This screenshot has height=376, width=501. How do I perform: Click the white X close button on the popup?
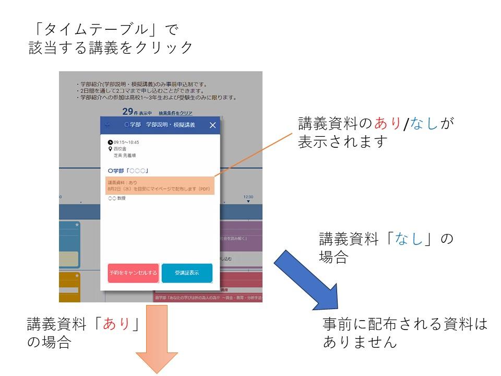(x=212, y=125)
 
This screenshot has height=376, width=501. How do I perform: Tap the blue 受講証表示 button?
(x=187, y=273)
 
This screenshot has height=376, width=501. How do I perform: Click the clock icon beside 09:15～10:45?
(x=110, y=142)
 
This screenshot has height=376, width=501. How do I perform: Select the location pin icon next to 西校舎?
(x=110, y=149)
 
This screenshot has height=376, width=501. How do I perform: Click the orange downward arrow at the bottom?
(x=157, y=339)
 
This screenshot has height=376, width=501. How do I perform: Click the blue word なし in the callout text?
(x=425, y=124)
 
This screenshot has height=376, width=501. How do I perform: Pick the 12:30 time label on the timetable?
(x=248, y=197)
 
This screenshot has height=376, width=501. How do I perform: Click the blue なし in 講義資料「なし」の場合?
(x=410, y=240)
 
